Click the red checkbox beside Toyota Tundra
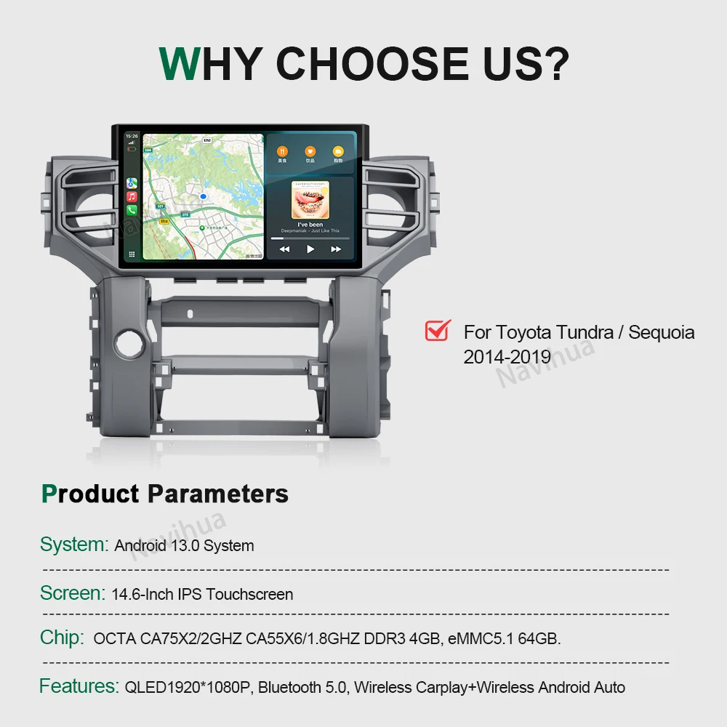click(x=438, y=331)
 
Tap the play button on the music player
click(x=310, y=249)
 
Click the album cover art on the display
click(x=310, y=199)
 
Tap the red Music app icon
click(x=132, y=197)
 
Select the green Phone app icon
click(x=132, y=210)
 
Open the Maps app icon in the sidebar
click(x=132, y=183)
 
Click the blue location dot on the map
click(x=204, y=197)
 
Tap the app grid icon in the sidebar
click(x=132, y=254)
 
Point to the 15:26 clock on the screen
click(x=132, y=136)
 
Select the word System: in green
click(x=73, y=545)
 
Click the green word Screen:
click(x=72, y=593)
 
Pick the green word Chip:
click(x=62, y=638)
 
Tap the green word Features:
click(x=79, y=686)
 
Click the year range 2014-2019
click(x=507, y=357)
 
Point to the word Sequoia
click(x=661, y=332)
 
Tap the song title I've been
click(x=310, y=225)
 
